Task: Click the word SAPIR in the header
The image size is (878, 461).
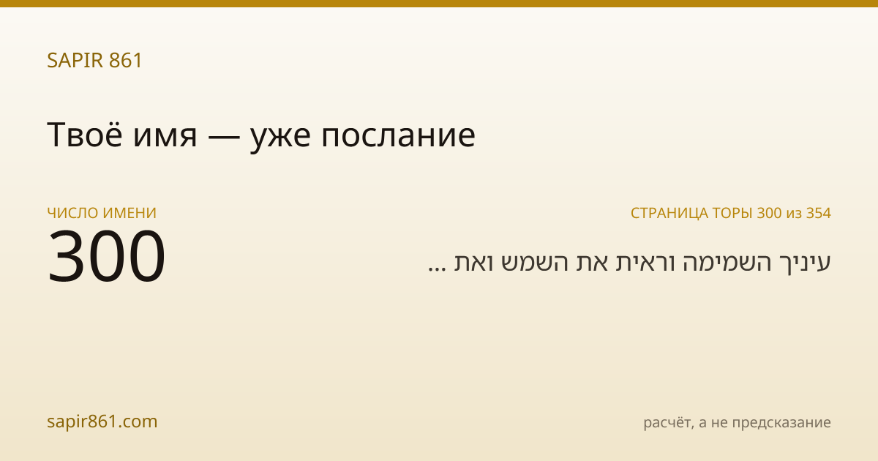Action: [75, 60]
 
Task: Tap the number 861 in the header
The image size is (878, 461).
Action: [125, 60]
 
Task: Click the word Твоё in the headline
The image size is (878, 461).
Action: [85, 135]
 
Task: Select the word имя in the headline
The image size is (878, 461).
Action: [165, 138]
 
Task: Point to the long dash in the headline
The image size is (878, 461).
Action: [224, 138]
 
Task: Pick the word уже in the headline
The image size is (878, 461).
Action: [280, 139]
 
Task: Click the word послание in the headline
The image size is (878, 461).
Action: [398, 138]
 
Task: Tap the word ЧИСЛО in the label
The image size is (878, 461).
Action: [73, 213]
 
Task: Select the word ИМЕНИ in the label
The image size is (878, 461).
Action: [130, 213]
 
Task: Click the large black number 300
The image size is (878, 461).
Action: [107, 255]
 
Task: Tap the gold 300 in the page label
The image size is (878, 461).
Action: [769, 213]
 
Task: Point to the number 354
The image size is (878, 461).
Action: [819, 213]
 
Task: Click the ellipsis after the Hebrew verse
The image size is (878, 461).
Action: [437, 269]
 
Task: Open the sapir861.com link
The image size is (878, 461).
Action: [102, 422]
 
